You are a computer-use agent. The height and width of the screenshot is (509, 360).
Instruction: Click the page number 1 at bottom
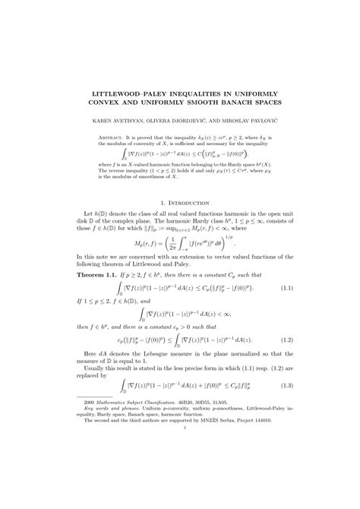click(x=185, y=470)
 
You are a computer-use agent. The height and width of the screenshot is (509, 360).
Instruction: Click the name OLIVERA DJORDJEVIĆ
click(x=179, y=119)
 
